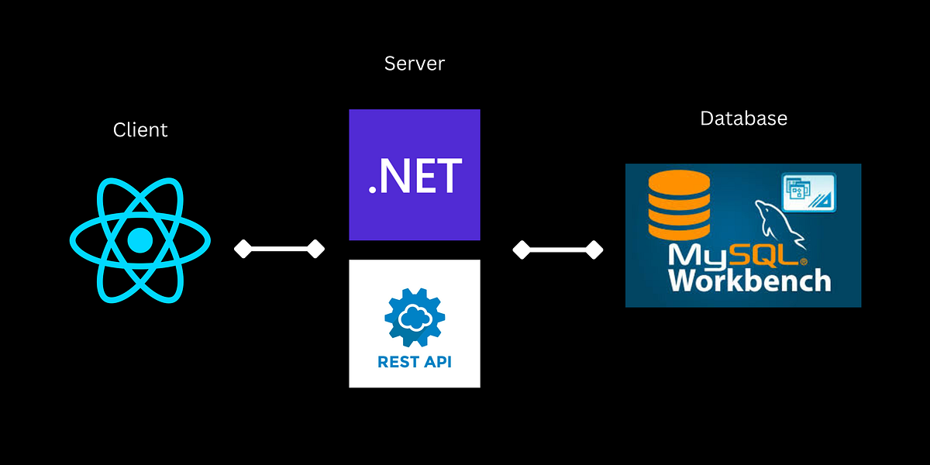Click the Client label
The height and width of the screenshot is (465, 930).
[x=140, y=129]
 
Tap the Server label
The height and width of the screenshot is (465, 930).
[x=415, y=64]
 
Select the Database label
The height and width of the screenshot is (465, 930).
[x=743, y=119]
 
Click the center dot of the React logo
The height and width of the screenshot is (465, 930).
[x=140, y=241]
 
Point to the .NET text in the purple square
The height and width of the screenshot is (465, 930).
[x=415, y=176]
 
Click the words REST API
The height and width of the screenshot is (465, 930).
[x=415, y=362]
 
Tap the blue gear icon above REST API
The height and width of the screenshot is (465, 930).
[x=415, y=318]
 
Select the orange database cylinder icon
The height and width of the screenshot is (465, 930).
[x=673, y=205]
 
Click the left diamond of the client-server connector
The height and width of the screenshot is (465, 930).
[x=243, y=249]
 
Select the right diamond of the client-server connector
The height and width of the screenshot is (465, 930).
[x=315, y=249]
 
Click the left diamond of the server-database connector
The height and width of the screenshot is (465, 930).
[x=522, y=250]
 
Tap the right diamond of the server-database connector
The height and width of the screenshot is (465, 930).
[x=594, y=250]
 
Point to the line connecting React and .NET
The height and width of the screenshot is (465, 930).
[x=279, y=249]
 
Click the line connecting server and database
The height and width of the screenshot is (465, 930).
[x=558, y=250]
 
